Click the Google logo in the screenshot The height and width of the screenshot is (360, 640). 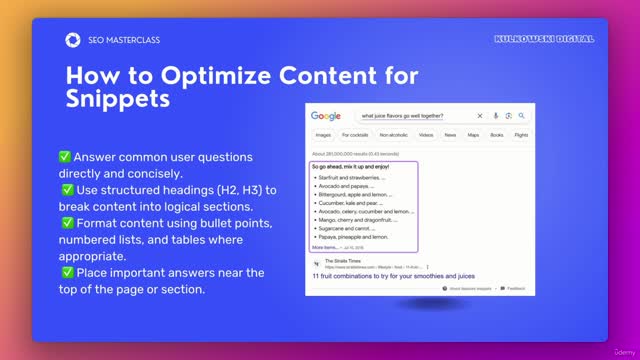(325, 116)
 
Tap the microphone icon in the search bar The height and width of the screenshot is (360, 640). (495, 116)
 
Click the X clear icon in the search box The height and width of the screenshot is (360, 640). (480, 116)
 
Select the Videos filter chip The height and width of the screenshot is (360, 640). (426, 134)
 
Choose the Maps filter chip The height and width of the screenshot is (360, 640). (472, 134)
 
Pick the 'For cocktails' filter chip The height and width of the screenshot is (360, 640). (356, 134)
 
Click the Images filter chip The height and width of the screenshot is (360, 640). (323, 134)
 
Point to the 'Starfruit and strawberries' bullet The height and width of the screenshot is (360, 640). (349, 177)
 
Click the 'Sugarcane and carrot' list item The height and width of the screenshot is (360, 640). (345, 228)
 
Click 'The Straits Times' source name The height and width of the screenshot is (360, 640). (348, 262)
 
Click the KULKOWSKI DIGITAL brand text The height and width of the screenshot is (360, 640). (544, 39)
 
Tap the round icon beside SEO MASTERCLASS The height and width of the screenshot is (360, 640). (72, 40)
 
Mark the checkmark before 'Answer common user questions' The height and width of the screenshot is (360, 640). (64, 157)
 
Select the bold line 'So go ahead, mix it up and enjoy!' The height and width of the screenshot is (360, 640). (348, 166)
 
